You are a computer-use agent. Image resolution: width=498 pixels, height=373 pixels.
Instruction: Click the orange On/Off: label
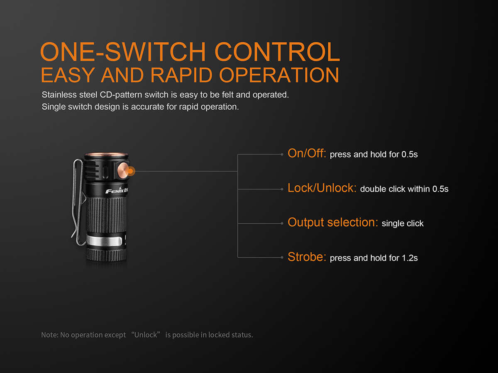(x=307, y=153)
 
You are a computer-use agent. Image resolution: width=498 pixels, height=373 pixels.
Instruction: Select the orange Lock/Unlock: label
(x=322, y=188)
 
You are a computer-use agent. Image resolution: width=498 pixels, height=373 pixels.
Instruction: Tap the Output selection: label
(x=333, y=223)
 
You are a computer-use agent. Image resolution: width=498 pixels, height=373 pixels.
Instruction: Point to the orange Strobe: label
(x=307, y=257)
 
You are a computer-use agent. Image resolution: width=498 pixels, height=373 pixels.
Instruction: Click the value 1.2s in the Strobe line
(x=410, y=258)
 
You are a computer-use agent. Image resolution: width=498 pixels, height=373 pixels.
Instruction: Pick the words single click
(x=403, y=223)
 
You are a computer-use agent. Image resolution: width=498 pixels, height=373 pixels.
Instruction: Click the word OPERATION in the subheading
(x=279, y=75)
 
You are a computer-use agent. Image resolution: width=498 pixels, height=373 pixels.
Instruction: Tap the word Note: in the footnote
(x=49, y=335)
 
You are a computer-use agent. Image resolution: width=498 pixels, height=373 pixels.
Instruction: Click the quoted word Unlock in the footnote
(x=145, y=335)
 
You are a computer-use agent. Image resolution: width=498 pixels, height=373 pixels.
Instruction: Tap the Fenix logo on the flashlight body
(x=115, y=191)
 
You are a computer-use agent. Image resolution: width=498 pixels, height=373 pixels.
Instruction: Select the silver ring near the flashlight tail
(x=105, y=241)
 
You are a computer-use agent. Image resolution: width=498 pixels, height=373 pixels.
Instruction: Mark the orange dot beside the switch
(x=131, y=171)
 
